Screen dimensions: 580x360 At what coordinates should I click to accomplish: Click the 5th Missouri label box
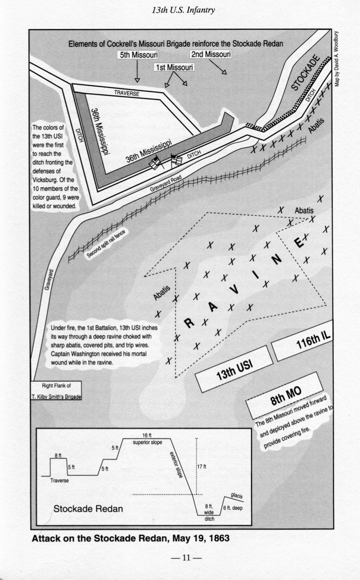(137, 56)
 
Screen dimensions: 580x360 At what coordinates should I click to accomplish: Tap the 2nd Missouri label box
(211, 54)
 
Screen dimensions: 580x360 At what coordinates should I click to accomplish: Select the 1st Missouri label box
(174, 68)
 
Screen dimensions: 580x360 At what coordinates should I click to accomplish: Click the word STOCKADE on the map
(306, 73)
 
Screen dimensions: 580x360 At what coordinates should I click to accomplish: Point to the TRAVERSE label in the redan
(127, 94)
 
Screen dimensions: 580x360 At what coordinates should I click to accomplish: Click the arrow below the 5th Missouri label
(137, 71)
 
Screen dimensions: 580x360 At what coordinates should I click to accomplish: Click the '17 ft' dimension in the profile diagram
(202, 466)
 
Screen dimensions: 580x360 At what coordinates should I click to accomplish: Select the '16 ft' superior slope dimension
(147, 435)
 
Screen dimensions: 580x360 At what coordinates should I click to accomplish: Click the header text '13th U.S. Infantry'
(183, 10)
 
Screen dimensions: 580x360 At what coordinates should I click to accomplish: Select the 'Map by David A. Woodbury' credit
(338, 59)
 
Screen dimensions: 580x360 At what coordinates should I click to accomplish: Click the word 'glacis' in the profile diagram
(237, 496)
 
